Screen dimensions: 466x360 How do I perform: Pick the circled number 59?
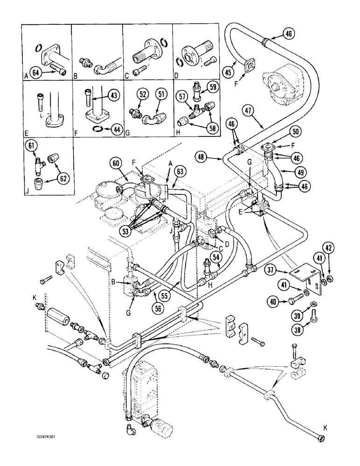point(212,86)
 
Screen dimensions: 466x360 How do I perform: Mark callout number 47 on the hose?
point(248,110)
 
